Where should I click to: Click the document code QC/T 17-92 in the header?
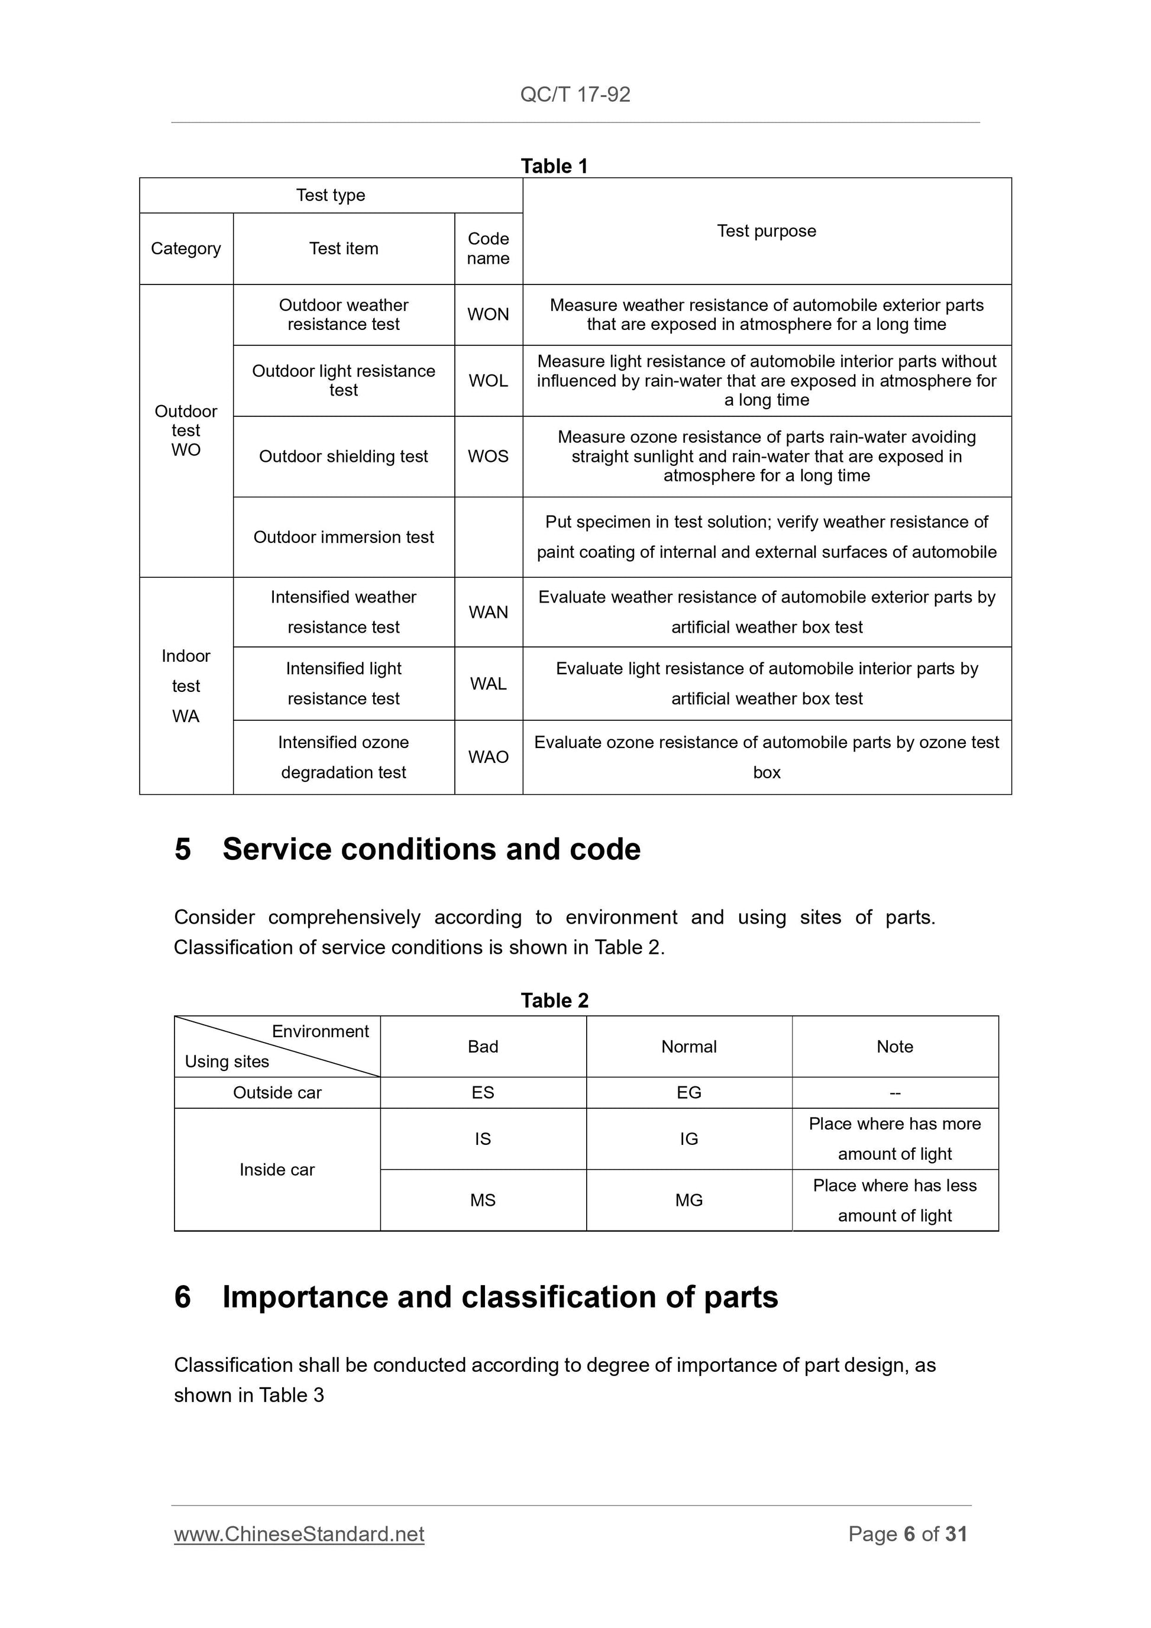(575, 94)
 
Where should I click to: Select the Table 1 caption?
(554, 166)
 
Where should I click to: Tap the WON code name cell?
(488, 314)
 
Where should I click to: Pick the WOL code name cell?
(488, 381)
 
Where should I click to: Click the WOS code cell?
(488, 456)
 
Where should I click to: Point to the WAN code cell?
(488, 612)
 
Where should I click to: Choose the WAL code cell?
(488, 684)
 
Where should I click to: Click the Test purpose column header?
(766, 231)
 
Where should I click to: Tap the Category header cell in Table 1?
(186, 248)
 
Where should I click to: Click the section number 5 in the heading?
(182, 849)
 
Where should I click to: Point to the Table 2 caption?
(554, 1001)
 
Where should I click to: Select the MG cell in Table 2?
(688, 1200)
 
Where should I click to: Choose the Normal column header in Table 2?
(688, 1047)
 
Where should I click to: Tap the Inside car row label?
(277, 1169)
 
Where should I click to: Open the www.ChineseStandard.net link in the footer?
(299, 1534)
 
